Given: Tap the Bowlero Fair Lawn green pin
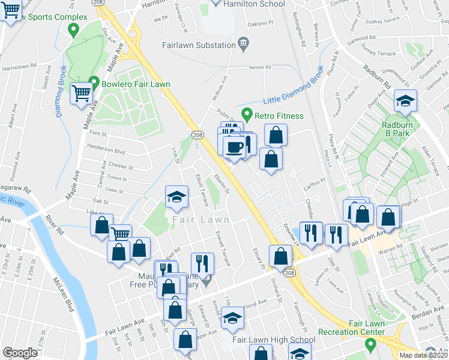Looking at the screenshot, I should click(94, 83).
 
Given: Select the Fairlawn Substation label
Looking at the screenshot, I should click(199, 45).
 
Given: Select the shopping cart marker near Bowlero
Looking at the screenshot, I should click(82, 92).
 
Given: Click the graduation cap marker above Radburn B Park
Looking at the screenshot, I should click(405, 100).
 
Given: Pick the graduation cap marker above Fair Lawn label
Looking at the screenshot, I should click(177, 196).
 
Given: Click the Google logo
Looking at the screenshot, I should click(20, 353).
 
